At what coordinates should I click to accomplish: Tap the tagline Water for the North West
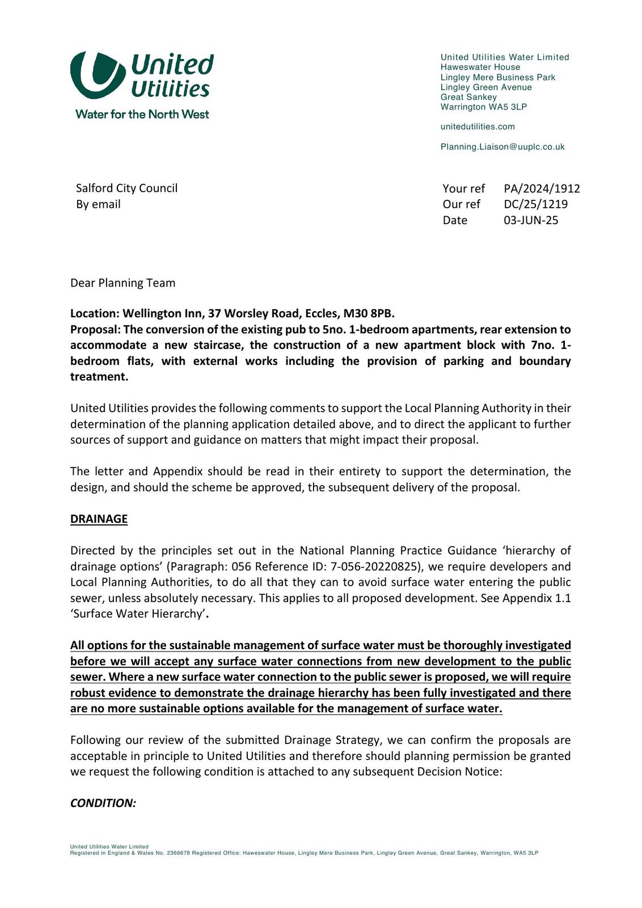142,114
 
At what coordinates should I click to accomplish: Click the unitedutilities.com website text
478,127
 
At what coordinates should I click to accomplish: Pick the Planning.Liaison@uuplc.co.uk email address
502,147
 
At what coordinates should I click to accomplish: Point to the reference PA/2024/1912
542,188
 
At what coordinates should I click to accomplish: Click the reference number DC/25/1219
535,204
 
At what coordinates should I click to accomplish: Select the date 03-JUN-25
531,220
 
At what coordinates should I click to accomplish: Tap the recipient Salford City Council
126,188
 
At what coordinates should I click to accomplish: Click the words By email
98,204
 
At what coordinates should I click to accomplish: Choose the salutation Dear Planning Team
123,283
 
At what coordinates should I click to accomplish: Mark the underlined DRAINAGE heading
99,519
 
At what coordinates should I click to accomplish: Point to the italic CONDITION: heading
103,803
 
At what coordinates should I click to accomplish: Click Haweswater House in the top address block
480,67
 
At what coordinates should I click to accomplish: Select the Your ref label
463,188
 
